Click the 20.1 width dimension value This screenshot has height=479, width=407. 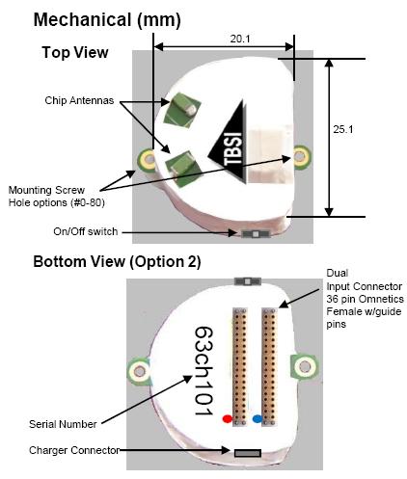coord(239,39)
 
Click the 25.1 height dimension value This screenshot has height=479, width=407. coord(342,129)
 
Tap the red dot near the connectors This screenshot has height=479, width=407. coord(227,419)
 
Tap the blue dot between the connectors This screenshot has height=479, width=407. coord(258,419)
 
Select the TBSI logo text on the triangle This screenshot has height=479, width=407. coord(232,148)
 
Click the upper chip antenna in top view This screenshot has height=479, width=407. coord(182,110)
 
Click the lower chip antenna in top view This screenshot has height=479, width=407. coord(183,170)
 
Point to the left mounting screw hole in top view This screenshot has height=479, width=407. coord(149,159)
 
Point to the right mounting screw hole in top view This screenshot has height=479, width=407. coord(301,156)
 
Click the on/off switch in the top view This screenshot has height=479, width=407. coord(256,234)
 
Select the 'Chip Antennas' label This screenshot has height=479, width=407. coord(79,100)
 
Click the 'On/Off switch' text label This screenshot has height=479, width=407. coord(85,231)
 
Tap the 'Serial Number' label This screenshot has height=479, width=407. coord(63,424)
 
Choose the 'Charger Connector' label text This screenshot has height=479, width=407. coord(74,450)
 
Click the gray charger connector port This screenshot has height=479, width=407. coord(247,453)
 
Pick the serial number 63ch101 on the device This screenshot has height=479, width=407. coord(203,371)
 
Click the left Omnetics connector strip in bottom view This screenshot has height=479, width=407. coord(240,367)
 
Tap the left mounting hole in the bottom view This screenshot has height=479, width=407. coord(140,371)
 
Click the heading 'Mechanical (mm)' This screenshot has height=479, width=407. coord(107,19)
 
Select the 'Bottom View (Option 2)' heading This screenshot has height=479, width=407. coord(117,261)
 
